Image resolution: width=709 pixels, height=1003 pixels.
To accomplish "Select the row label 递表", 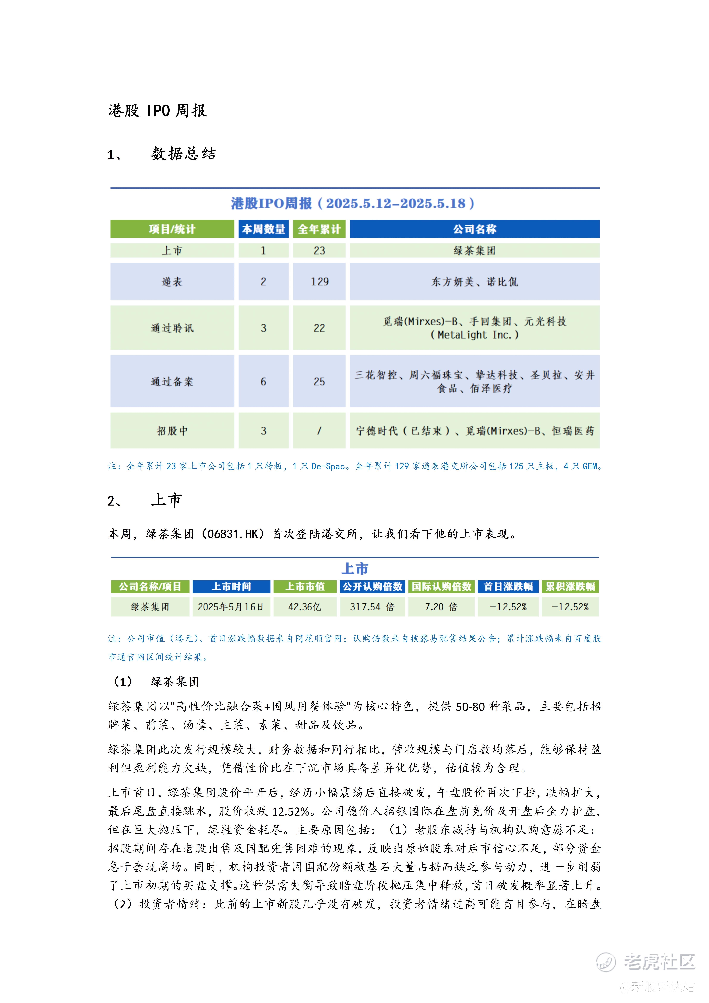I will (172, 282).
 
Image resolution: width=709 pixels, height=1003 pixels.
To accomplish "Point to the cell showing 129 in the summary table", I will (319, 282).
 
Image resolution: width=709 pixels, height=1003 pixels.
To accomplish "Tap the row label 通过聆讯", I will (172, 328).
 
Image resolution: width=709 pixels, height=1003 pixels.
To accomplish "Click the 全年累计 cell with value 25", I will (319, 381).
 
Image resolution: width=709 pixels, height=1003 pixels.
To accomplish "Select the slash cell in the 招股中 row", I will (319, 431).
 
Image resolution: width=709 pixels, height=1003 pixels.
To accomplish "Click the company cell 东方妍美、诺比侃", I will (474, 282).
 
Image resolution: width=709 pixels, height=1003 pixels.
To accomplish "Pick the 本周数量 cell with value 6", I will (263, 381).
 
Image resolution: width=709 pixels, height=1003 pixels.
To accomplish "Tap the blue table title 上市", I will (355, 569).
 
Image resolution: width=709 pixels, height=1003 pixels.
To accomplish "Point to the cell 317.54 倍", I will (372, 607).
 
